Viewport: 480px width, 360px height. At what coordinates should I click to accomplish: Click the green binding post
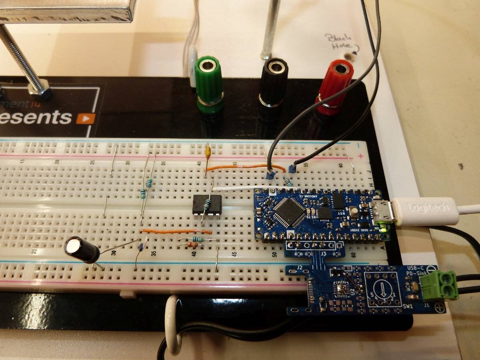[209, 84]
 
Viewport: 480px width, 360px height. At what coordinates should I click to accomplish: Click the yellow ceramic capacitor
[207, 152]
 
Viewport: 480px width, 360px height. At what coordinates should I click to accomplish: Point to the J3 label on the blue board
[324, 253]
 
